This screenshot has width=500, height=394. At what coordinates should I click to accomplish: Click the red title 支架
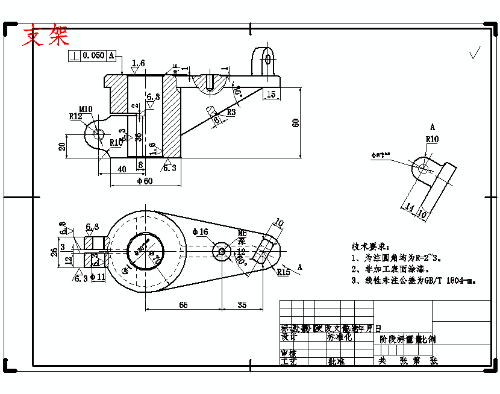pos(46,36)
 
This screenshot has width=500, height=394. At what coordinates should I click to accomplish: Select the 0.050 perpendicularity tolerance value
pos(93,55)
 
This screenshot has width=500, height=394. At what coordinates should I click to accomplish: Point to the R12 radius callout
pos(75,116)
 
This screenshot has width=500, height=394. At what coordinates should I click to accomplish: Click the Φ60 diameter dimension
pos(145,181)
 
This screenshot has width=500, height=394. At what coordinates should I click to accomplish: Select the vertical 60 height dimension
pos(295,122)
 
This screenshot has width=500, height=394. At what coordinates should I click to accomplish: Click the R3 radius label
pos(231,112)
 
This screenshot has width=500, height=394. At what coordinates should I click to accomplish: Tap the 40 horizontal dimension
pos(122,169)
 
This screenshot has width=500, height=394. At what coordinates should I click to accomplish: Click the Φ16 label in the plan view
pos(200,232)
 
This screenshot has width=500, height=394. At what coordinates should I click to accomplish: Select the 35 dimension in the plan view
pos(242,305)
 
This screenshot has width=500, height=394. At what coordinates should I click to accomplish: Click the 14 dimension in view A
pos(410,208)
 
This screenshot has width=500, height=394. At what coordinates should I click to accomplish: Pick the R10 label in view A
pos(432,139)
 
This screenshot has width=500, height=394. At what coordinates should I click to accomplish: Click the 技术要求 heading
pos(370,247)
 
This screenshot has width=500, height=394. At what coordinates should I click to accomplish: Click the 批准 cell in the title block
pos(336,362)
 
